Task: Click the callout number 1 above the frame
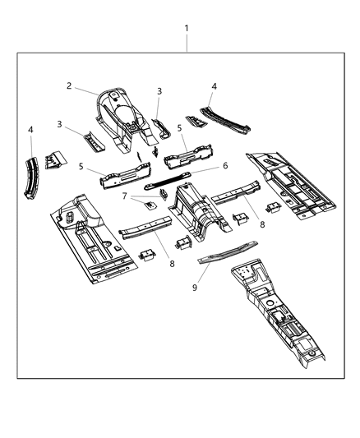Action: (187, 28)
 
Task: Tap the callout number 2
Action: (71, 85)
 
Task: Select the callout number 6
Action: (225, 165)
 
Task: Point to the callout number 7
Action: (125, 196)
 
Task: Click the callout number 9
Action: (196, 288)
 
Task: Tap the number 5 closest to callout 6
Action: (180, 129)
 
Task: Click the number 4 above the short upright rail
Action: (30, 130)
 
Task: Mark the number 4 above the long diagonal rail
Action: (214, 86)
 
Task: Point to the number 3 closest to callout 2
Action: (159, 91)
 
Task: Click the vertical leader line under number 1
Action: (187, 43)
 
